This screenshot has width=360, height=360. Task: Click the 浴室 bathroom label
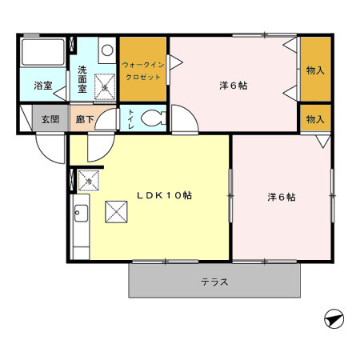pyautogui.click(x=43, y=85)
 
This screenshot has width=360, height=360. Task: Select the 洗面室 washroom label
pyautogui.click(x=82, y=78)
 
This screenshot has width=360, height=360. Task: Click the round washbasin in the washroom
pyautogui.click(x=106, y=50)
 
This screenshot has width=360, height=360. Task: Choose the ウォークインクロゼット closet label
pyautogui.click(x=144, y=70)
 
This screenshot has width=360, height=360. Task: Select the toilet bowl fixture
pyautogui.click(x=152, y=120)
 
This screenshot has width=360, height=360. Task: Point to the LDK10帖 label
pyautogui.click(x=162, y=194)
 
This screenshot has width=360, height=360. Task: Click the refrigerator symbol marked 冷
pyautogui.click(x=88, y=182)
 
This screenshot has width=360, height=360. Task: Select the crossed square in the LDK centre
pyautogui.click(x=117, y=212)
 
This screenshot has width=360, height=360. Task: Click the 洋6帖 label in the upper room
pyautogui.click(x=233, y=85)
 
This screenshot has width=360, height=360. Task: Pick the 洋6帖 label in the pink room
pyautogui.click(x=281, y=197)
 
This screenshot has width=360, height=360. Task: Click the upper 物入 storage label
pyautogui.click(x=314, y=70)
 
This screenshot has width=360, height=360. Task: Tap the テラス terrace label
pyautogui.click(x=214, y=282)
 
